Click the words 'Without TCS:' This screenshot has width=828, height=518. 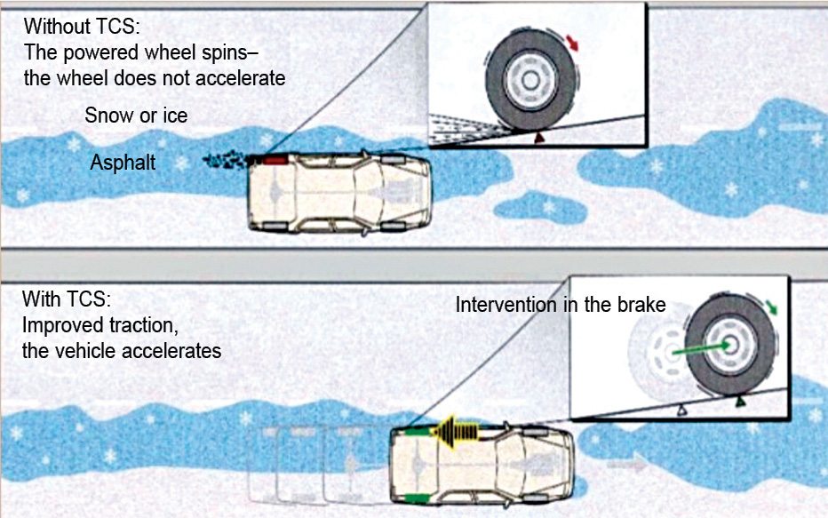82,27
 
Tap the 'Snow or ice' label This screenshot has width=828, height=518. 136,116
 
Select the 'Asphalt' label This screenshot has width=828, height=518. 123,162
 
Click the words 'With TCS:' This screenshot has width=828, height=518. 67,299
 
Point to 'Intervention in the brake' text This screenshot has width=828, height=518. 561,305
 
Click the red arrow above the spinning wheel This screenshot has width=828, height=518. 572,43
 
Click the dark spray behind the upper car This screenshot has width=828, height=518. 226,159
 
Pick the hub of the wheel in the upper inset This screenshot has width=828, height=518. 530,81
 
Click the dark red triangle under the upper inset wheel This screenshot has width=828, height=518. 538,138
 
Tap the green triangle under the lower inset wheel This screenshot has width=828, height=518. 740,402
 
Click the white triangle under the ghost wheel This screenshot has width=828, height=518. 682,408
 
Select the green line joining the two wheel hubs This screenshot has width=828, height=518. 701,348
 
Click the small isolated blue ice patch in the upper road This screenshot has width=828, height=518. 541,206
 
